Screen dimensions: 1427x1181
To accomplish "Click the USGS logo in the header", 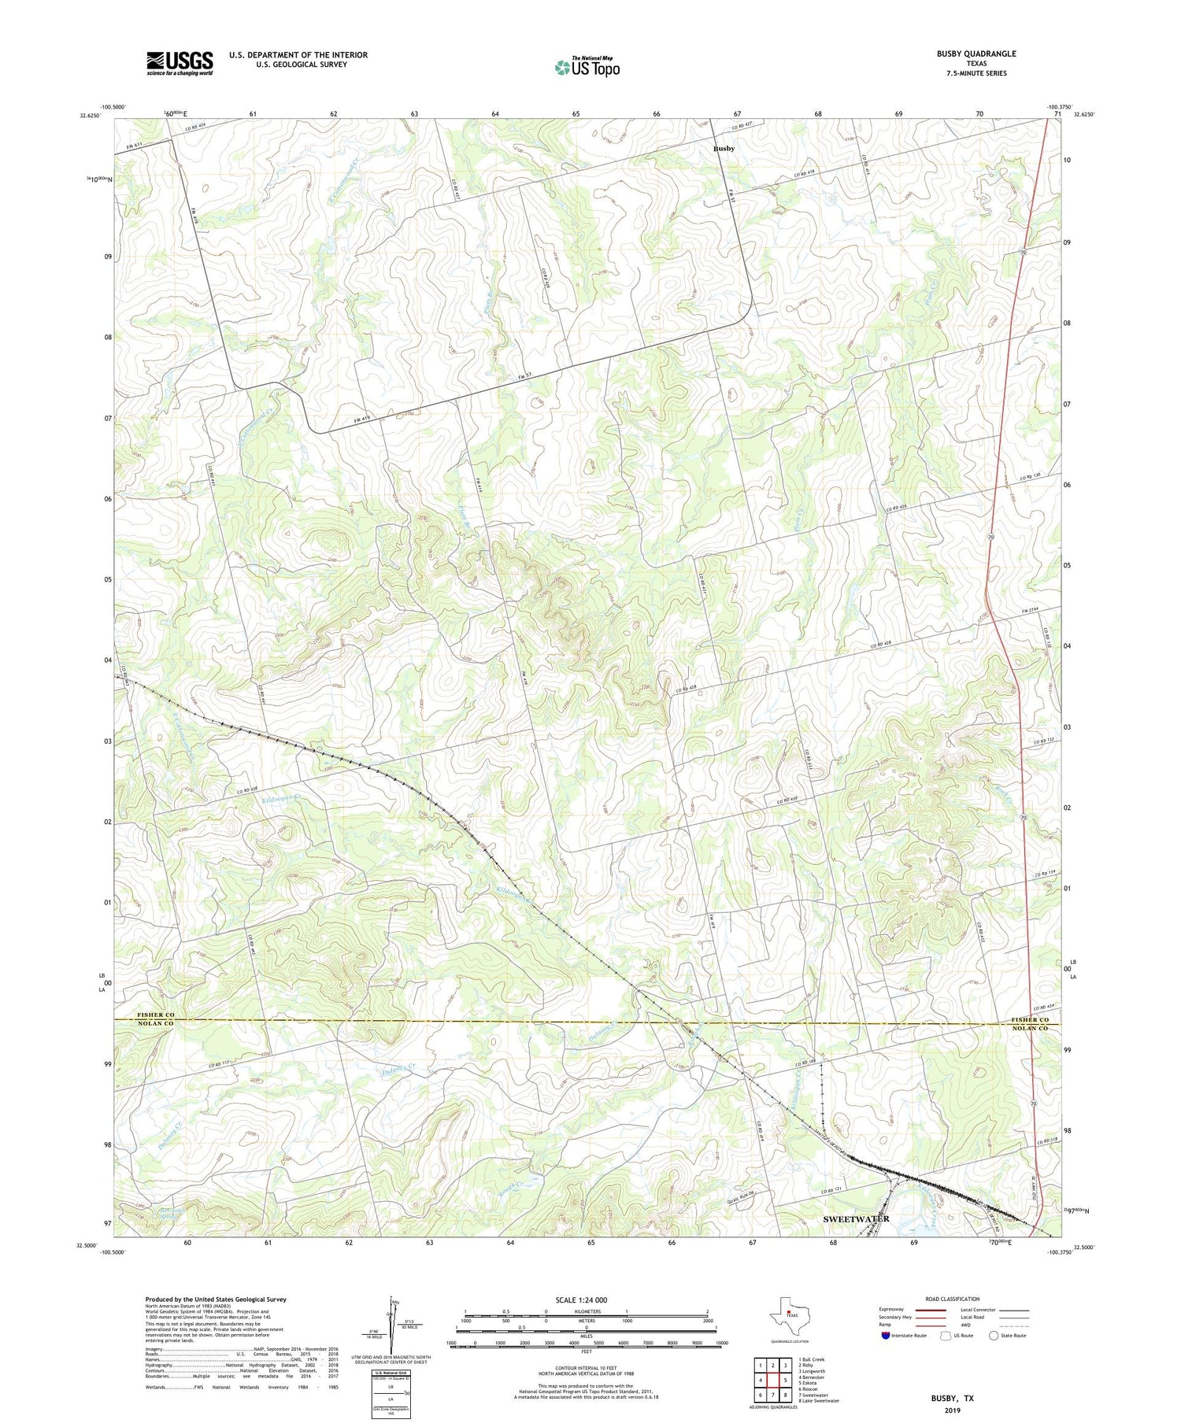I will (180, 63).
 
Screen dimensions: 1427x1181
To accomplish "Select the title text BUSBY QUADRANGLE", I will (976, 54).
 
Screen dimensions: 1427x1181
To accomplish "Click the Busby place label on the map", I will (724, 149).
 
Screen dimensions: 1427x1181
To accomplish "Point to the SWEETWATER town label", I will (856, 1218).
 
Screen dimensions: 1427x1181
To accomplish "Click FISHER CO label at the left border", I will (155, 1015).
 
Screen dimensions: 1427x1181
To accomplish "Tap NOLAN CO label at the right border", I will (1030, 1029).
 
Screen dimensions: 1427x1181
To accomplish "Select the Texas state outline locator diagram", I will (788, 1313).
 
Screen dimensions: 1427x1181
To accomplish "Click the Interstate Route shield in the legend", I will (886, 1336).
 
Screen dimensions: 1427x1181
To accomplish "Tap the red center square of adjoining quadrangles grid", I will (773, 1380).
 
